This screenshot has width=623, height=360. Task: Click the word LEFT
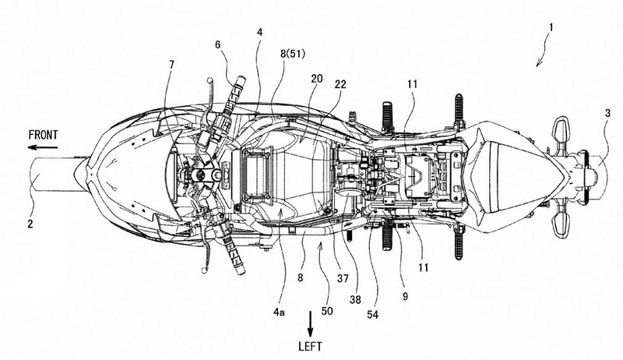(311, 341)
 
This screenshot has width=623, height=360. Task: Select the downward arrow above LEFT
(311, 320)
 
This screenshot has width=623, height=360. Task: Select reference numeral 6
(217, 46)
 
